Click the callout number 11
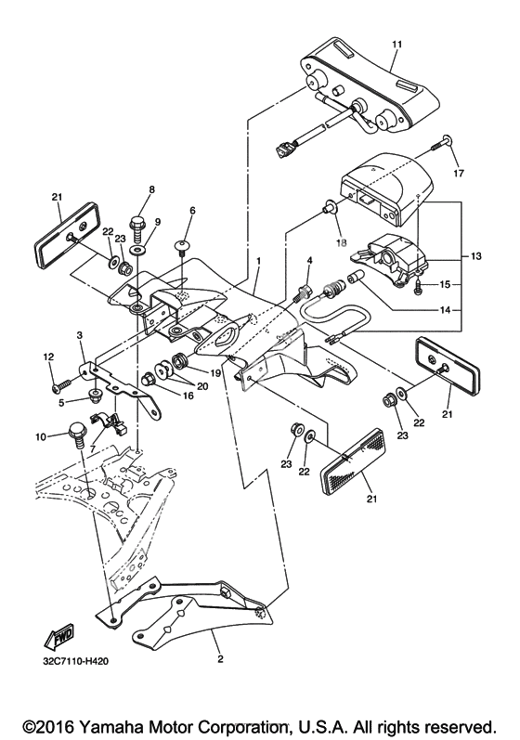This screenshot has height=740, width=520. pos(396,45)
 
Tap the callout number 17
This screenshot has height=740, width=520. pos(459,174)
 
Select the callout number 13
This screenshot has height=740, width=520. pos(476,256)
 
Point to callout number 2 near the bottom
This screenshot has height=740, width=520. pos(220,659)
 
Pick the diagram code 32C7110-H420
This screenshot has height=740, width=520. pos(74,661)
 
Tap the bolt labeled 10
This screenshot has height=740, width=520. pos(77,435)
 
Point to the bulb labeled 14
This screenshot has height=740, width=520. pos(355,278)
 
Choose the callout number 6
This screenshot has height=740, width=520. pos(192,211)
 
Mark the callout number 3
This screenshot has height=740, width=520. pos(79,334)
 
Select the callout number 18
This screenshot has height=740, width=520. pos(341,243)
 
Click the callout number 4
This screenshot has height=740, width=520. pos(309,260)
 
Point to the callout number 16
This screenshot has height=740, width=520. pos(188,396)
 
